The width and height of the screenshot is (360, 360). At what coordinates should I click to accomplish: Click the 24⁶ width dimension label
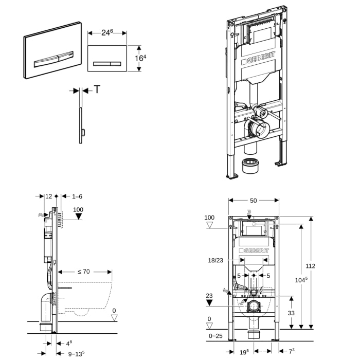click(107, 32)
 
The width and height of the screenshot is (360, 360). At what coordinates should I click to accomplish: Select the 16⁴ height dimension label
click(139, 58)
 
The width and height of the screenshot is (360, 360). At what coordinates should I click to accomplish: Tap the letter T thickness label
click(97, 89)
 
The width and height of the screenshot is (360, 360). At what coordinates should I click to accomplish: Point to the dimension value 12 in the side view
click(48, 196)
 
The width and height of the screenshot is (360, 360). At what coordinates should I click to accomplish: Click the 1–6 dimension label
click(77, 196)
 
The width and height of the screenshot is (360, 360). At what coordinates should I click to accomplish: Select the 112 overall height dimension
click(324, 266)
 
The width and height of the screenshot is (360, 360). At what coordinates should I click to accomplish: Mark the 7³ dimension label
click(291, 352)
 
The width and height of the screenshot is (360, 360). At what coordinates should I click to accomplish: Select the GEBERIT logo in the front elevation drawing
click(255, 250)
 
